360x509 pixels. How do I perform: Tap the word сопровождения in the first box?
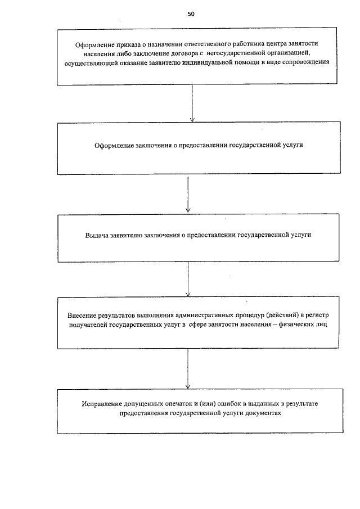click(305, 62)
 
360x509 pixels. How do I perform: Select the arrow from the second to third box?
click(188, 194)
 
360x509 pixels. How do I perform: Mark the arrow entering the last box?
click(188, 368)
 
